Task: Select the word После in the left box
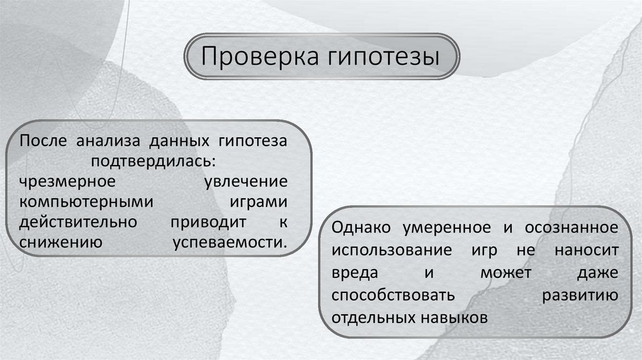[42, 140]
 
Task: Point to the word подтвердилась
[154, 161]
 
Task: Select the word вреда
[355, 272]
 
